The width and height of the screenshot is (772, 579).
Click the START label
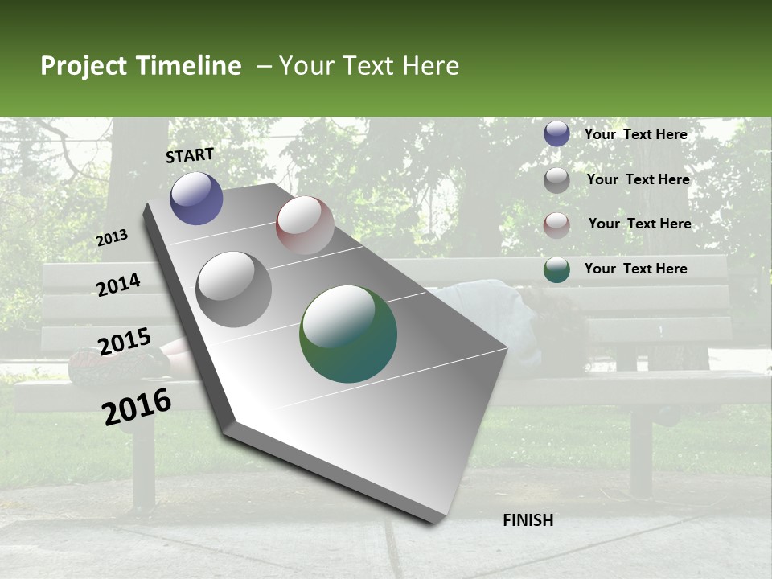tap(190, 155)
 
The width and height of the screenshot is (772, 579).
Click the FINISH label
tap(528, 520)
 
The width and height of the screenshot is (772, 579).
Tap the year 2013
tap(112, 238)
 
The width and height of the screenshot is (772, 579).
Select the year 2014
tap(118, 285)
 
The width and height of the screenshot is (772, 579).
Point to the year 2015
tap(125, 343)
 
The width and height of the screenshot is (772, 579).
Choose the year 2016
tap(137, 407)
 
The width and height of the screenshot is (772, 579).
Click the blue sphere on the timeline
tap(196, 198)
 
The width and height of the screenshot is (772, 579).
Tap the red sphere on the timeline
tap(305, 224)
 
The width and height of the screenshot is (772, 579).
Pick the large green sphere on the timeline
tap(348, 334)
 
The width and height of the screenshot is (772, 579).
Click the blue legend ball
tap(556, 134)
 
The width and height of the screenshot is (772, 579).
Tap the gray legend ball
tap(556, 180)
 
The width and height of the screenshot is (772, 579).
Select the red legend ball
tap(556, 225)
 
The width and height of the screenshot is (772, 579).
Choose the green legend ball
tap(556, 270)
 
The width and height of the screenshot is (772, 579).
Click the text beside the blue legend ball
tap(635, 134)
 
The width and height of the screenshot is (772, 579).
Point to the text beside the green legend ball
tap(635, 269)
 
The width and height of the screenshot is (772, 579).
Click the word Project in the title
tap(84, 66)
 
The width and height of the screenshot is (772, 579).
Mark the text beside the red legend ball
tap(639, 224)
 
